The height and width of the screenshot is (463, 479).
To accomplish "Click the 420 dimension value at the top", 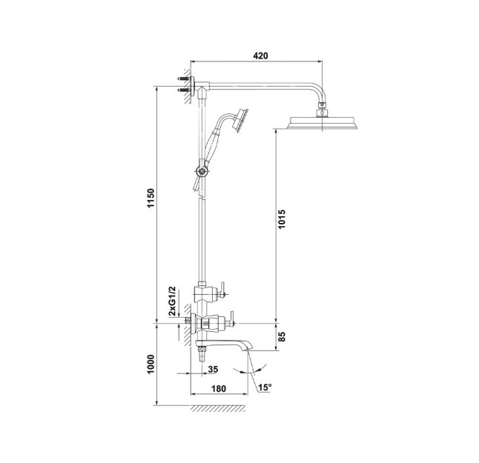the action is (260, 56).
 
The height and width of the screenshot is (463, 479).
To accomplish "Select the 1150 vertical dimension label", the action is (151, 198).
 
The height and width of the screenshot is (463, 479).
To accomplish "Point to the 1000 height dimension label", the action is (151, 364).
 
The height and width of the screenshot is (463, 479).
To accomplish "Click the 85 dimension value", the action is (282, 336).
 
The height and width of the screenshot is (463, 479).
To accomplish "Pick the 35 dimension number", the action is (213, 370).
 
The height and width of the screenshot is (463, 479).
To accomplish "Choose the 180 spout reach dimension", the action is (219, 388).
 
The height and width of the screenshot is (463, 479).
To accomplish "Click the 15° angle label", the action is (265, 387).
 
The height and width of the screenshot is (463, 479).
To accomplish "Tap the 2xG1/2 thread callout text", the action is (172, 302).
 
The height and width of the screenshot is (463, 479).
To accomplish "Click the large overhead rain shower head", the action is (322, 123).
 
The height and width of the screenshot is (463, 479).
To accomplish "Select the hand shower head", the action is (241, 120).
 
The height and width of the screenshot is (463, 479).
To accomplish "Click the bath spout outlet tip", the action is (250, 348).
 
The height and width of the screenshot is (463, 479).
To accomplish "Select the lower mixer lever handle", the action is (230, 319).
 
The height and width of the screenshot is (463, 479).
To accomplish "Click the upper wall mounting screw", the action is (184, 79).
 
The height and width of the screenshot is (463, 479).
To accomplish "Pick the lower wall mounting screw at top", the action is (184, 90).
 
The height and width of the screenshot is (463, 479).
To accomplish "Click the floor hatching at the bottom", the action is (218, 409).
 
